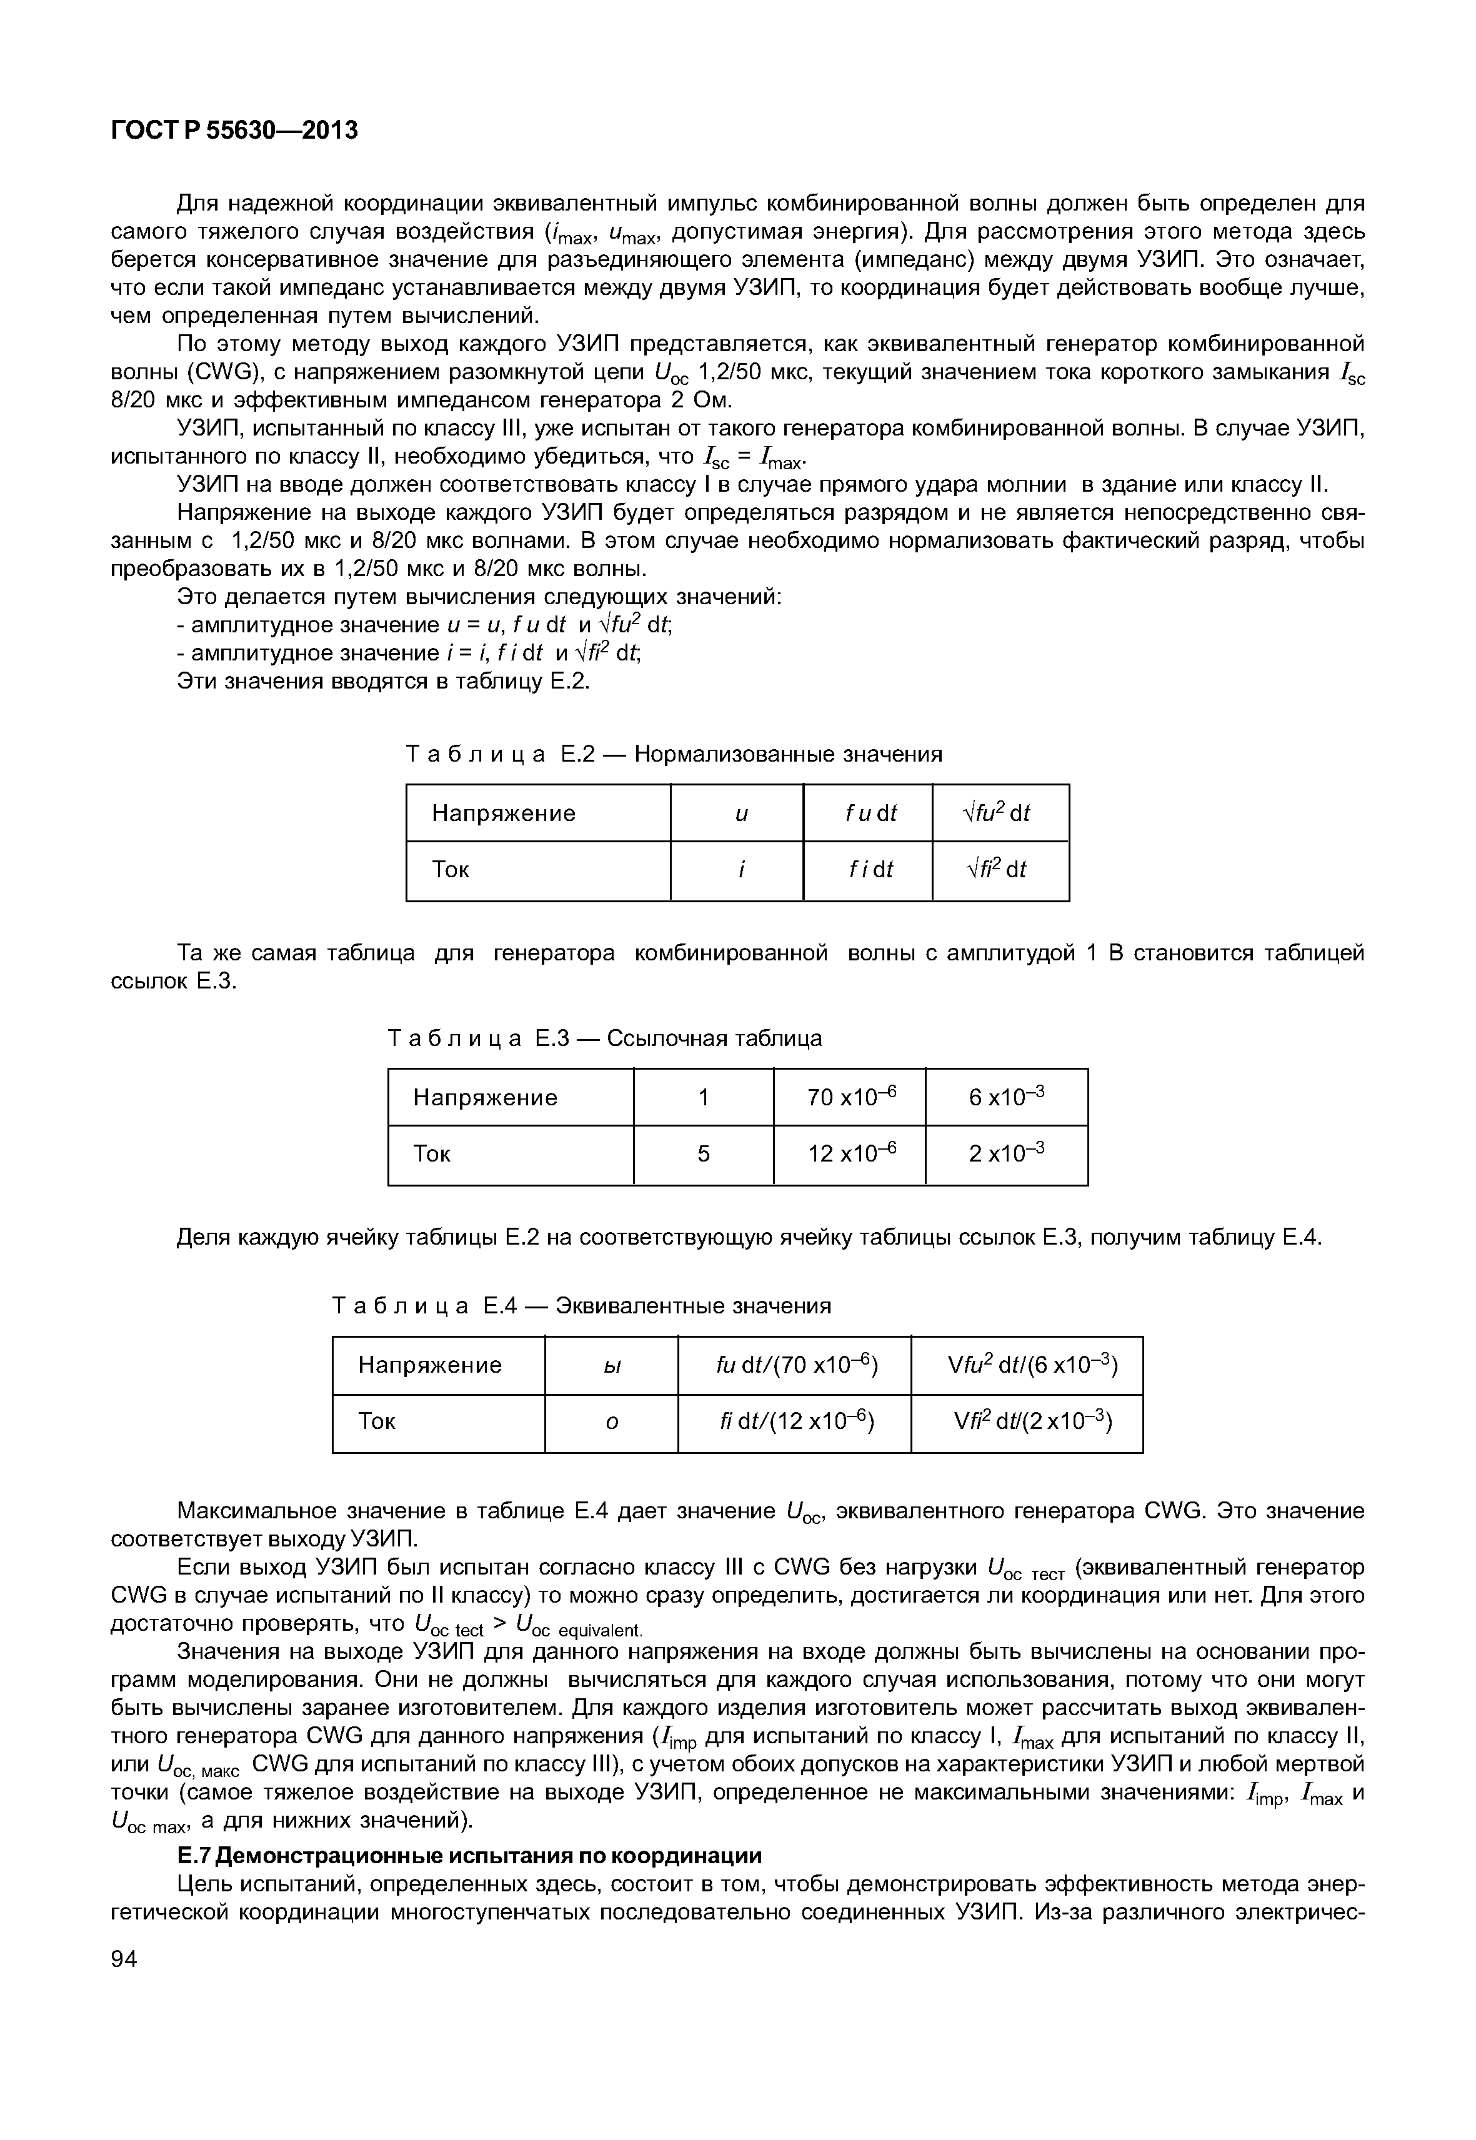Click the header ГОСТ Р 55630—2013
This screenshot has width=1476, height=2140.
coord(234,131)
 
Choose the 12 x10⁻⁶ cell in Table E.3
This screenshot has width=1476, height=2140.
coord(851,1153)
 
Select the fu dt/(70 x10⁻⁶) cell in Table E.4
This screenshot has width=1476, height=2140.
coord(796,1365)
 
